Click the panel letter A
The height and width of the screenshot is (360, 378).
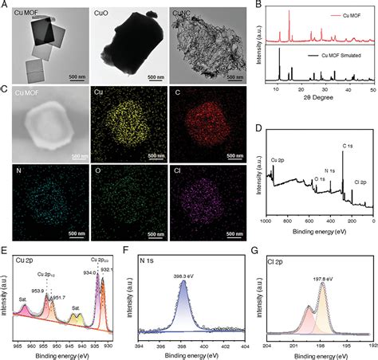coord(4,5)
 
